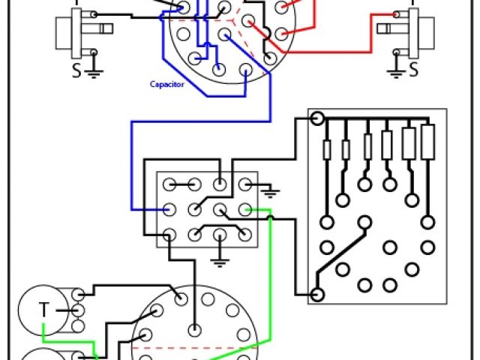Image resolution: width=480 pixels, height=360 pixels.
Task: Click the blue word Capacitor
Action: [x=166, y=85]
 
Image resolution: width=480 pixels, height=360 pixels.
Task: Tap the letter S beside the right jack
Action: [x=413, y=70]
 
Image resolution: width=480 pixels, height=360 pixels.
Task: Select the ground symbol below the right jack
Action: [x=395, y=73]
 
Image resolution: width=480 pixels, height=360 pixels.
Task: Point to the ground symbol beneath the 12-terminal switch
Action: [x=219, y=262]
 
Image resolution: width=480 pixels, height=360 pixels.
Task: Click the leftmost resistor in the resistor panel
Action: [x=327, y=150]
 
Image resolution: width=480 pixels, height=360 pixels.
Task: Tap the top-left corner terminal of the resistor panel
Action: [x=317, y=119]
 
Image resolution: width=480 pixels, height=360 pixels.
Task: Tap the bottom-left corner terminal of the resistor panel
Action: [x=317, y=295]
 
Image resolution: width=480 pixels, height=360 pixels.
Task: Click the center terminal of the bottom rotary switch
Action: [x=195, y=328]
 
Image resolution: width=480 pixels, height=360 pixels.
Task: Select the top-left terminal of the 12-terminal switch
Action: [x=169, y=184]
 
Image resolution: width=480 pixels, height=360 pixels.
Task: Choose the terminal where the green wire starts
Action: [x=244, y=209]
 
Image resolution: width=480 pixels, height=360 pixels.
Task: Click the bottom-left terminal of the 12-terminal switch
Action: [x=169, y=233]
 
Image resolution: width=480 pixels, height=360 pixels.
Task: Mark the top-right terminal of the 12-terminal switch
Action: [x=244, y=184]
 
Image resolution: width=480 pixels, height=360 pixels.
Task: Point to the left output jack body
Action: [x=75, y=34]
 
